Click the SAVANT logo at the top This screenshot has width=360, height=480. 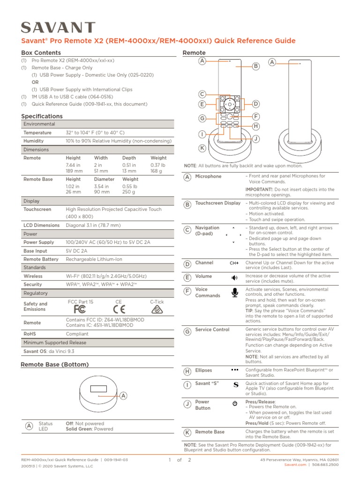tap(59, 28)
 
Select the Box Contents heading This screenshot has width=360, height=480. tap(41, 53)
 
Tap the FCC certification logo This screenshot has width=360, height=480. tap(80, 310)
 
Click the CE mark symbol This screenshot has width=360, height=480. tap(119, 310)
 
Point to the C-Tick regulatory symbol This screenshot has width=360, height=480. tap(157, 310)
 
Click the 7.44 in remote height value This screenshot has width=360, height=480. tap(73, 165)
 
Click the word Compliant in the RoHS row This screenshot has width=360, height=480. tap(77, 334)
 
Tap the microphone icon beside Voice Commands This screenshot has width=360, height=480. tap(235, 293)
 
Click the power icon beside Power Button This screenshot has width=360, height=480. tap(235, 403)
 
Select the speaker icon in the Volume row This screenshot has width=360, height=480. tap(234, 277)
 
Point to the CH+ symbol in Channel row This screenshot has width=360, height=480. tap(234, 263)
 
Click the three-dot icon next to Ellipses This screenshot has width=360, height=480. tap(235, 370)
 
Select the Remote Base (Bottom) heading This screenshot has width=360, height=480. tap(55, 364)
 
